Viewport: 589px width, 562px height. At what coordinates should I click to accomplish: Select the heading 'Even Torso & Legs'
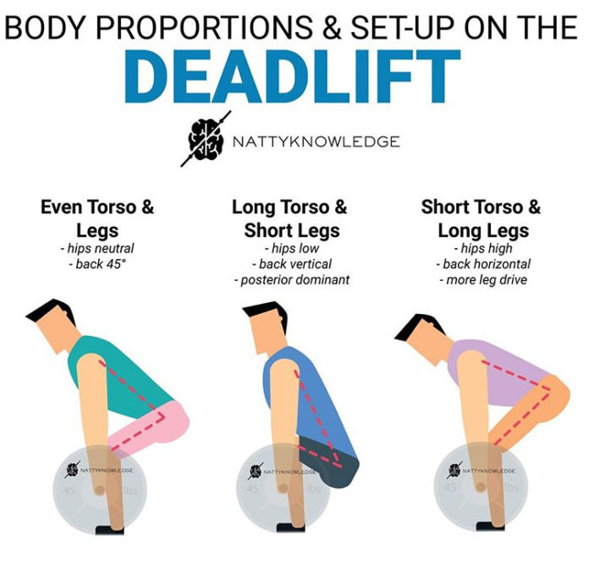pyautogui.click(x=97, y=218)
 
